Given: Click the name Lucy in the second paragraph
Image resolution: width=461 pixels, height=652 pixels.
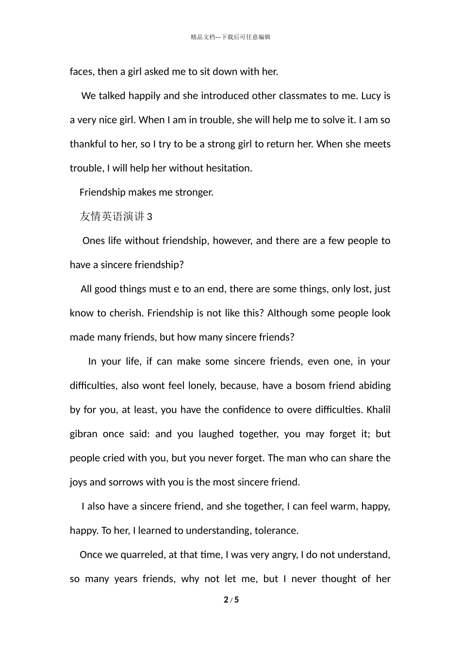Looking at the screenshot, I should pos(371,96).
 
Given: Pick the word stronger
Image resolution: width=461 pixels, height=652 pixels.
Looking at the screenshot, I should pos(195,192).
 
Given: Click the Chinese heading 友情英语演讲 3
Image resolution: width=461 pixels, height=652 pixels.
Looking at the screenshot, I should pos(116,216).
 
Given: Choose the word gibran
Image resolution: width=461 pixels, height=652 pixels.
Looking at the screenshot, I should pos(83,434).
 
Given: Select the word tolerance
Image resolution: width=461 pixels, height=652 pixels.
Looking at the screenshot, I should pos(276,530).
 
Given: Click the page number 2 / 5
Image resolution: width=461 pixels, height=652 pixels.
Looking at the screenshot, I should pos(231,600).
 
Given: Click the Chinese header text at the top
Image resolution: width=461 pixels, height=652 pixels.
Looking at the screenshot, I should pos(230,37).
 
